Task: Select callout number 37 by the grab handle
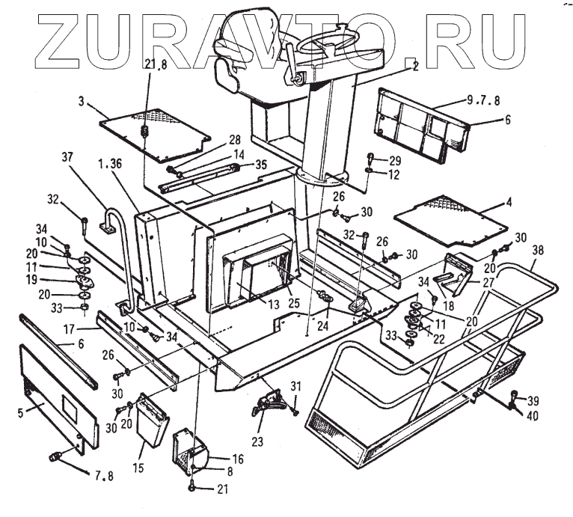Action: point(69,158)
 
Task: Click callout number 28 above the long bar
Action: point(234,141)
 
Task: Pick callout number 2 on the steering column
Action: point(414,66)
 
